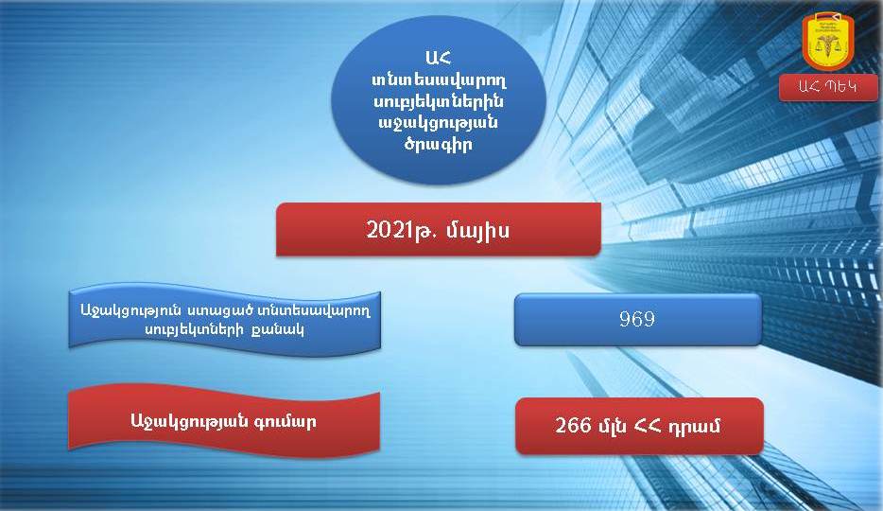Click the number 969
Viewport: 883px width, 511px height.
click(637, 319)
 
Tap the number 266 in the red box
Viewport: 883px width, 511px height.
click(573, 425)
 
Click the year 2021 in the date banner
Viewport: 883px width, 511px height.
click(387, 230)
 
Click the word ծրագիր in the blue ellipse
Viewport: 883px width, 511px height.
click(438, 144)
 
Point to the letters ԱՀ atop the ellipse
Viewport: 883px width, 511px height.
click(439, 58)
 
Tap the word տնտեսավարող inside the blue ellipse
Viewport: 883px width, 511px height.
click(439, 80)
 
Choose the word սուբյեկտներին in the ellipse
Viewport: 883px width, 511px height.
click(439, 102)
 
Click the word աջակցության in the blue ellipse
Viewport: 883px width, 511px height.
click(438, 123)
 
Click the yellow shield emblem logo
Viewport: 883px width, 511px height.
click(828, 43)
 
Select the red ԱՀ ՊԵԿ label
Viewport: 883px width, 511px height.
click(828, 88)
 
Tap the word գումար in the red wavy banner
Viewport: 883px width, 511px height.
click(286, 421)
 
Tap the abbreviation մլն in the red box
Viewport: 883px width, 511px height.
click(612, 426)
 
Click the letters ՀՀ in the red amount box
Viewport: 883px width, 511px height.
click(649, 426)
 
